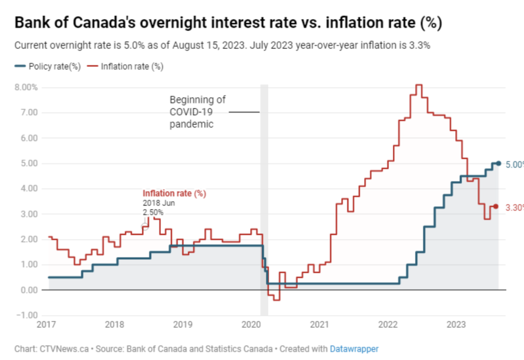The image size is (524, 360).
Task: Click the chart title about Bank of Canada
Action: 228,23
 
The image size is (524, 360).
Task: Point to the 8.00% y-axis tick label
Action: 26,87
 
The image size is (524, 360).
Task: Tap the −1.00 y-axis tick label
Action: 26,315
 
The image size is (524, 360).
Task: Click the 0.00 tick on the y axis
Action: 29,290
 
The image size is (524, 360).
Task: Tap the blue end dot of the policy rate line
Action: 498,164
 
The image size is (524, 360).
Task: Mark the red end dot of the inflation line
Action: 495,206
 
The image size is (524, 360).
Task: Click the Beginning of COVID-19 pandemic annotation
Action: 197,112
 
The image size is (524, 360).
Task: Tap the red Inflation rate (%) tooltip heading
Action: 174,194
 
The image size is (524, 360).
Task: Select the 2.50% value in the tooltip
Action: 153,212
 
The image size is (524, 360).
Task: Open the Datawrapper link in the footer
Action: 354,349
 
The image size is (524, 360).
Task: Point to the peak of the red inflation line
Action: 418,85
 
